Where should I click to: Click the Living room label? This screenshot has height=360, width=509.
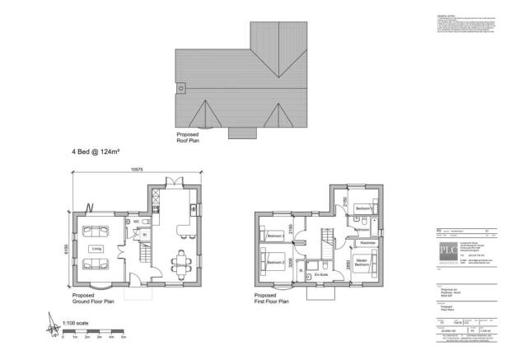coord(96,247)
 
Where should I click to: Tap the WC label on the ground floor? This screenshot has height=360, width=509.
coord(128,222)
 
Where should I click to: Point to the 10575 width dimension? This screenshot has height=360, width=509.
coord(135,170)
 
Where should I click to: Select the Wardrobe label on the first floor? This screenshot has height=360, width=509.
coord(367,243)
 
